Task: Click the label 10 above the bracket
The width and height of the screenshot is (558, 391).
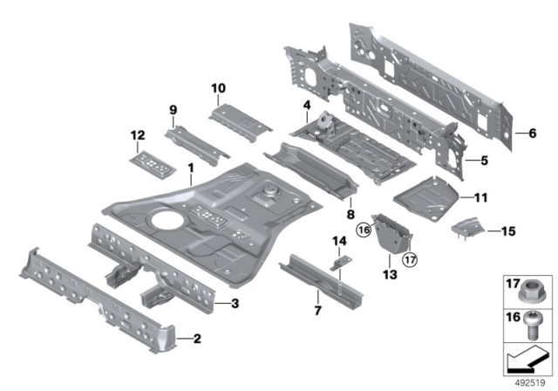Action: [218, 88]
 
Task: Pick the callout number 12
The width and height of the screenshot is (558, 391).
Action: [136, 134]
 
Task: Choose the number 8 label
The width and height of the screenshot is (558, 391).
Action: [350, 212]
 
